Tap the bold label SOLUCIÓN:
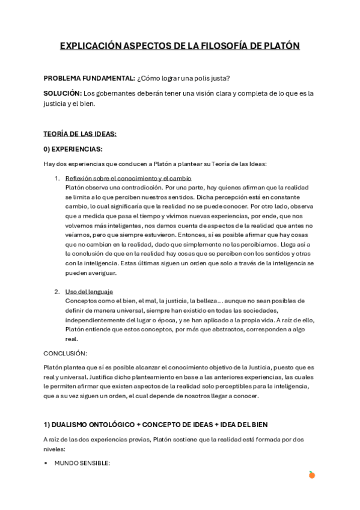coord(63,93)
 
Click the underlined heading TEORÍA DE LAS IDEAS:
coord(80,134)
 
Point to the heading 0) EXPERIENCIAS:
coord(73,149)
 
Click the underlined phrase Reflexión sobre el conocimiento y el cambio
coord(128,178)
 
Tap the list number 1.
coord(56,178)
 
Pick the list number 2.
coord(56,292)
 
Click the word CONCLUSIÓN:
coord(66,353)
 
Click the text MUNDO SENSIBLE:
coord(82,462)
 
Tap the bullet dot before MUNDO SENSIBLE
coord(46,462)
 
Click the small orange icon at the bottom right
coord(311,475)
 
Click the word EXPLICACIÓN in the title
coord(91,46)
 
